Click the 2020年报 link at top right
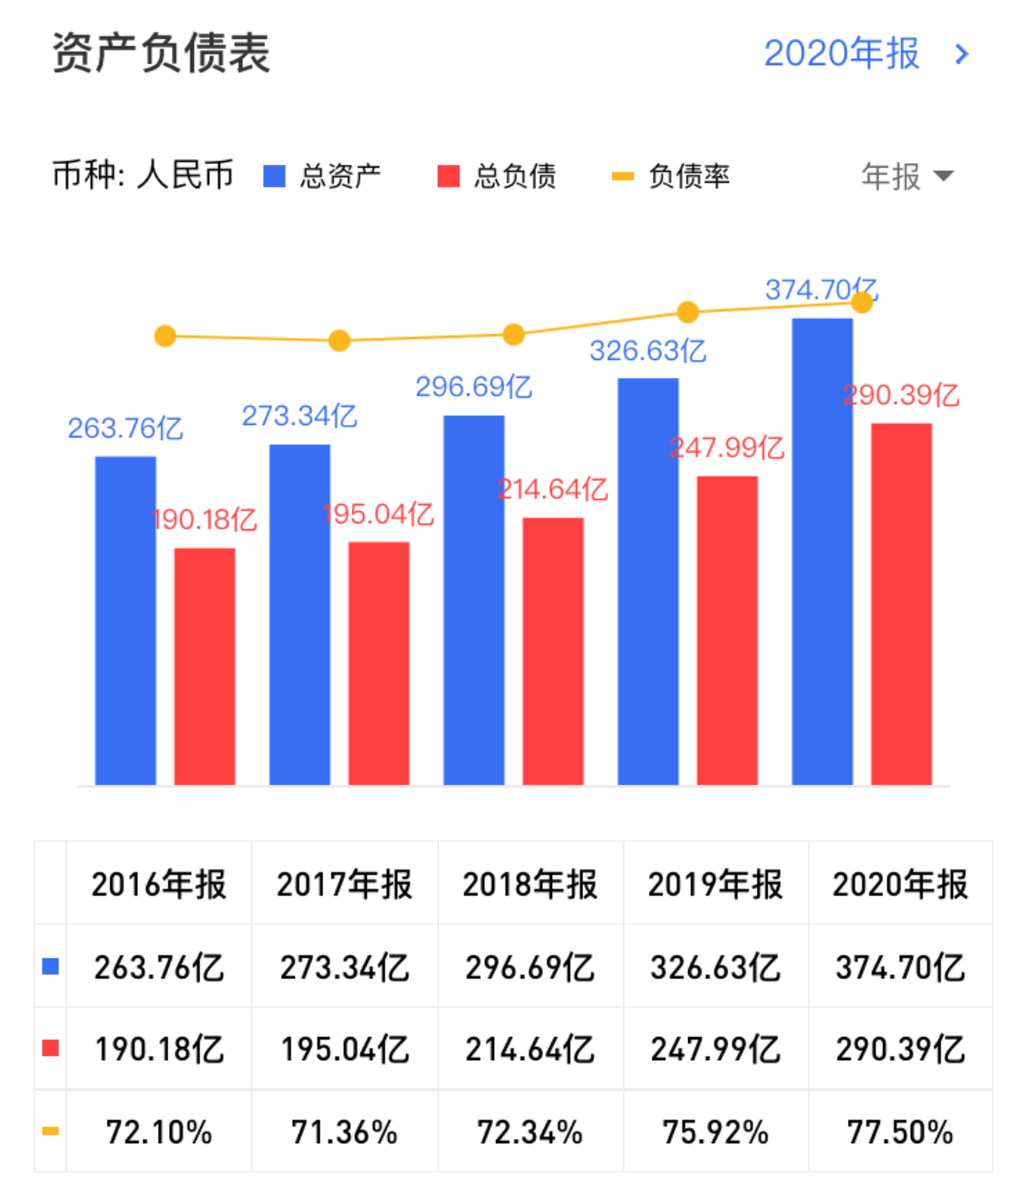pos(864,53)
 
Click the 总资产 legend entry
pos(323,176)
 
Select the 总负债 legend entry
pos(497,176)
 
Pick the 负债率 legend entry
pos(671,176)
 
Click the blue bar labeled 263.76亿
pos(126,620)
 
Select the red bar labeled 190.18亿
pos(205,666)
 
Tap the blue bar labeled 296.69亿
pos(474,600)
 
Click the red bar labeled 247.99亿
pos(727,630)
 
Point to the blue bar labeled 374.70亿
pos(822,552)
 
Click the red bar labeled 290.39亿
pos(901,603)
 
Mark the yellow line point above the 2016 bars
pos(165,336)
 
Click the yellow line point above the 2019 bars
pos(687,312)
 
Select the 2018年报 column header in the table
pos(530,884)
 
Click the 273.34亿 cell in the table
pos(345,967)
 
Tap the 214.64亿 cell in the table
pos(530,1049)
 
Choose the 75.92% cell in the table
pos(715,1132)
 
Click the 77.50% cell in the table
pos(900,1132)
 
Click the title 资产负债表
pos(160,53)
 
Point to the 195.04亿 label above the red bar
pos(378,514)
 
